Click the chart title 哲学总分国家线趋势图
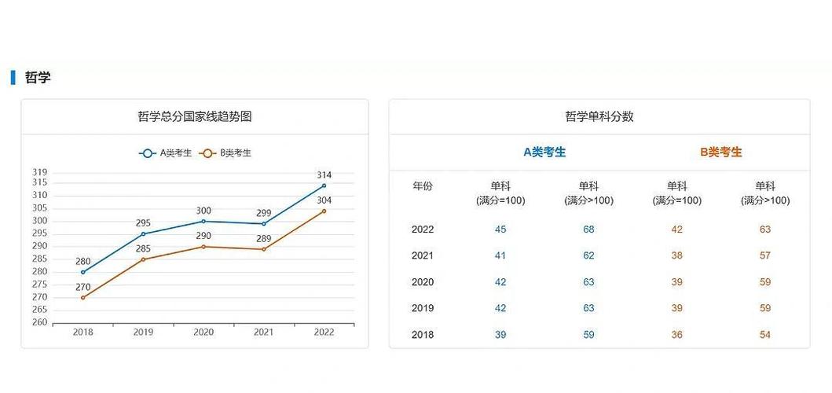point(194,116)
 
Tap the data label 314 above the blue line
point(324,174)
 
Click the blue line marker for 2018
point(82,272)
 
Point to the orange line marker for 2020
point(203,247)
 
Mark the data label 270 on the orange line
point(82,287)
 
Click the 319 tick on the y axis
point(39,172)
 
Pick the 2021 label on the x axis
point(263,332)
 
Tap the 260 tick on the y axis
point(39,322)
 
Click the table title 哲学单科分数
point(599,116)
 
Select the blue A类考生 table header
point(544,152)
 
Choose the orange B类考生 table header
point(720,152)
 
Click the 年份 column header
point(422,186)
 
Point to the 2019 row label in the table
point(422,308)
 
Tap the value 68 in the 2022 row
point(588,230)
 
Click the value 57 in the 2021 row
point(764,255)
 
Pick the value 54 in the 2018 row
point(764,335)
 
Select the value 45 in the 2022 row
point(500,230)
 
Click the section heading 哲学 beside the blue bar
point(37,77)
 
